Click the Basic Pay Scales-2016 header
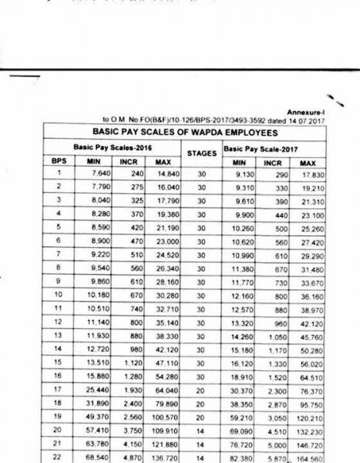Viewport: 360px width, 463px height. [106, 147]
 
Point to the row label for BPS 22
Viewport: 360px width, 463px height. [57, 456]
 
